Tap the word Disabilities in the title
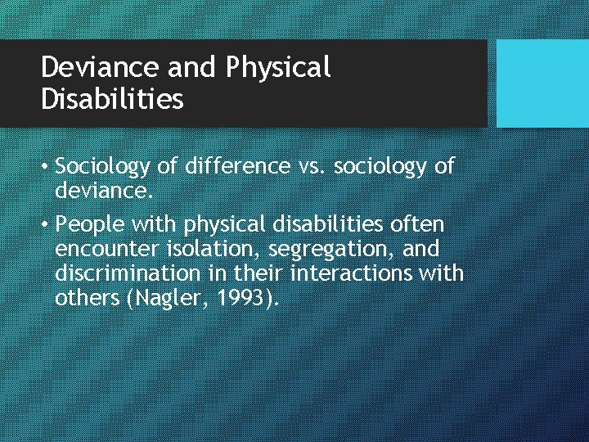point(112,99)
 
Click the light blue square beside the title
point(542,83)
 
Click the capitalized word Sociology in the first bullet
point(102,167)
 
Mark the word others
point(87,297)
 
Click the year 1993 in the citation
point(240,298)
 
